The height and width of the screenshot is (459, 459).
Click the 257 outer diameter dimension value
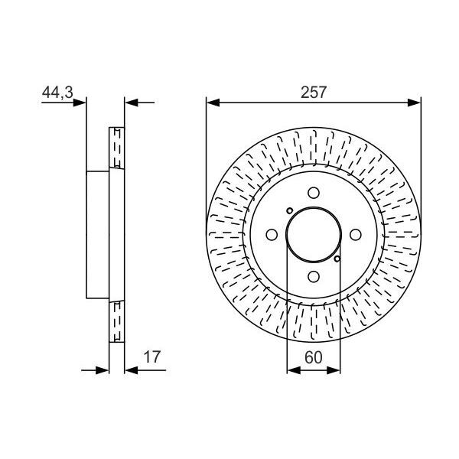coord(314,92)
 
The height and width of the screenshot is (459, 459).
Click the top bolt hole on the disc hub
coord(314,194)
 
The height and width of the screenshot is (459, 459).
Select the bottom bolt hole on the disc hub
coord(314,278)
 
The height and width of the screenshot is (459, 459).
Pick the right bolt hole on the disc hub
coord(355,236)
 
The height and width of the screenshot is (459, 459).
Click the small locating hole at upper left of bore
coord(289,211)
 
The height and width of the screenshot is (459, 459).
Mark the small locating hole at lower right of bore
coord(337,260)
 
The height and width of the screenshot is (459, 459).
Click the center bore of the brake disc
coord(314,236)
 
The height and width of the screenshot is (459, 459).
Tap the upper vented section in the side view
coord(117,147)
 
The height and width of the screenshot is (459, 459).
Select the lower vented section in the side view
coord(117,322)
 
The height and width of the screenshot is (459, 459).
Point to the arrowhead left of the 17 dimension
coord(104,369)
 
